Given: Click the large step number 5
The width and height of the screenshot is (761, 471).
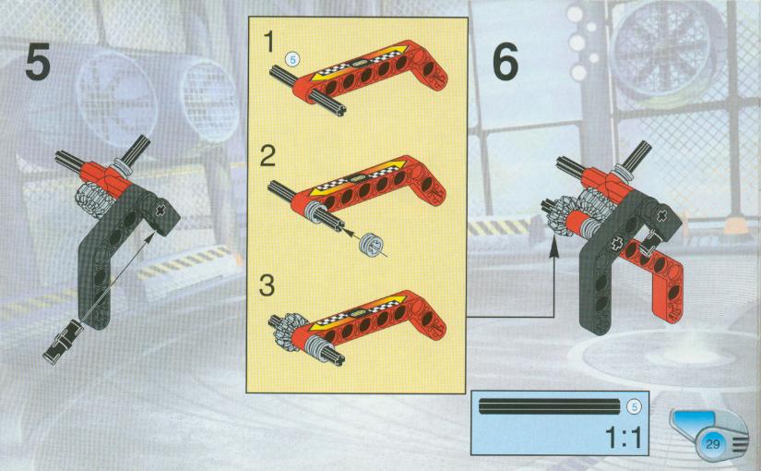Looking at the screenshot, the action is point(38,61).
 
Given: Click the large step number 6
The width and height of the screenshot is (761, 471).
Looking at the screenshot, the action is point(505,61).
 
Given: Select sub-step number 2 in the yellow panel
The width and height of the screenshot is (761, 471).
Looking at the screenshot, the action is point(268,155).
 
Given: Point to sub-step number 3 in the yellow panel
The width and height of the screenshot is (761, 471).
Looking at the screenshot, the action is point(268,284).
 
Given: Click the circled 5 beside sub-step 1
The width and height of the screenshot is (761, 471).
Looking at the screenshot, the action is point(292,59).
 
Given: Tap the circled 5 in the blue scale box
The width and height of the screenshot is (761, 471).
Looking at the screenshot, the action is point(634,406).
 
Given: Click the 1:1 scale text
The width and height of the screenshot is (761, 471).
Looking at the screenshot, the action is point(624,437).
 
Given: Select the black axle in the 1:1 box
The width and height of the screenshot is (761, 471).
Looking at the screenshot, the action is point(550,406).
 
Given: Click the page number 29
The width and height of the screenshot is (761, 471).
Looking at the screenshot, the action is point(712,444).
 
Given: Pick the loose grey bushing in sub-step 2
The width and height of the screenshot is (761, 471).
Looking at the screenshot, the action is point(372,245).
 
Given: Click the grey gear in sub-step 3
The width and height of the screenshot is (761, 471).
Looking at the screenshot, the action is point(290,332).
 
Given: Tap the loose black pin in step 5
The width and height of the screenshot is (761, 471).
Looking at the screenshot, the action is point(63,341).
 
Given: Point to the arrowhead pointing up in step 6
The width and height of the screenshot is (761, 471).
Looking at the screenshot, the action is point(553,248).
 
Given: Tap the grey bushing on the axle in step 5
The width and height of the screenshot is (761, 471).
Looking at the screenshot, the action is point(125,168).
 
